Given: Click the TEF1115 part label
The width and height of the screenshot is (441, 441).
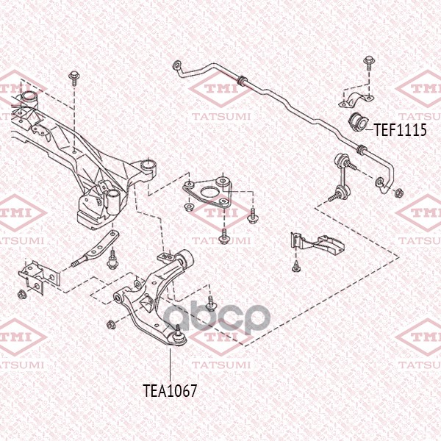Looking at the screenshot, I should coord(401,130).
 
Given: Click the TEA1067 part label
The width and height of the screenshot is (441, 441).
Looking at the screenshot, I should coord(170,390).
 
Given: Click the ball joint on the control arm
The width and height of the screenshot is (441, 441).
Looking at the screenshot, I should coord(177,334).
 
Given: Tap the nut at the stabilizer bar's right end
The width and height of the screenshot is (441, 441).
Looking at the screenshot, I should coord(398,194).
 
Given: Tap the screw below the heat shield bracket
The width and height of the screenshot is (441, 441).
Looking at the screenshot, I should coord(295,267).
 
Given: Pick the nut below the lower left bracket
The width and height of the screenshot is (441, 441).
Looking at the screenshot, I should coord(22,295).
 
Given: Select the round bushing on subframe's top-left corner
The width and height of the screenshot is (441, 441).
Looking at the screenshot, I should coord(29,98).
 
